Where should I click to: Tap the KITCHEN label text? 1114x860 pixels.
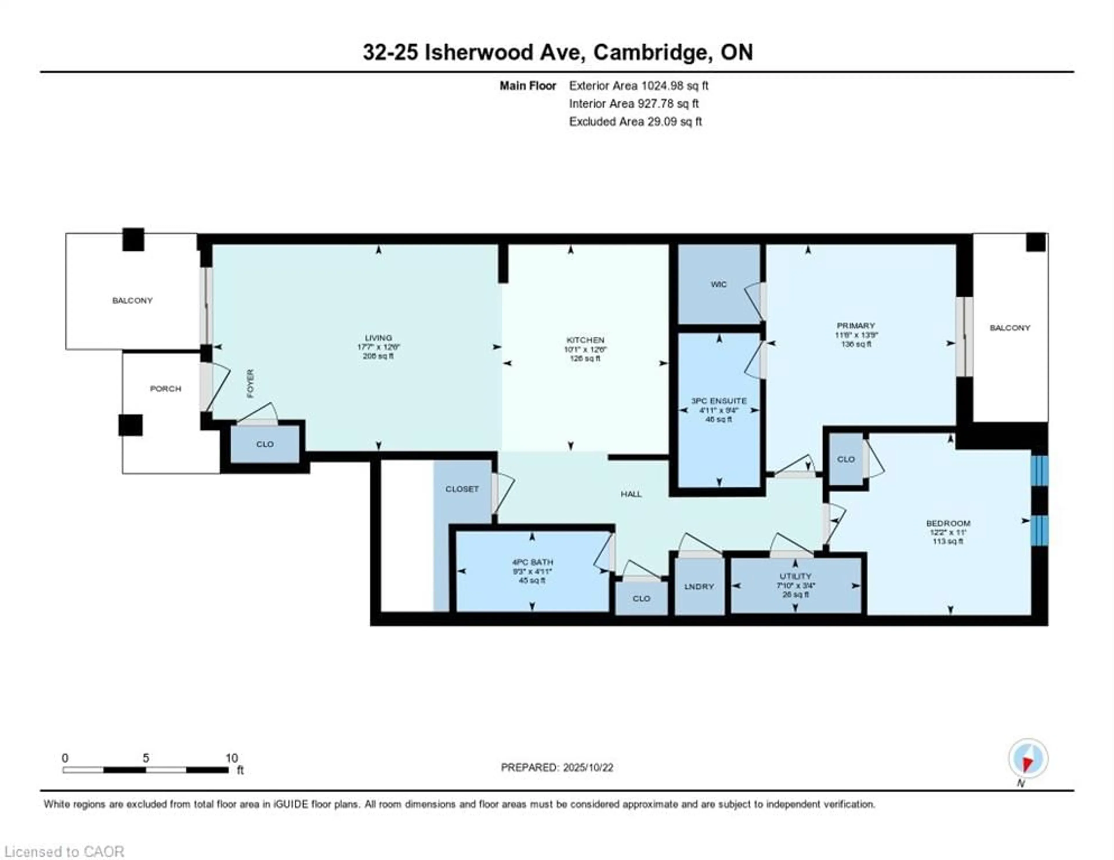(x=585, y=340)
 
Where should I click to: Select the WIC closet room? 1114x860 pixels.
(x=718, y=284)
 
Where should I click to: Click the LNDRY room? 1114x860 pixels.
(x=699, y=587)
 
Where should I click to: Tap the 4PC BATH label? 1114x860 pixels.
(x=532, y=562)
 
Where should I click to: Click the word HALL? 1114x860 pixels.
(x=631, y=494)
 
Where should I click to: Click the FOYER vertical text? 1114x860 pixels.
(x=250, y=383)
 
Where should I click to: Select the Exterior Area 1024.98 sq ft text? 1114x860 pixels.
(x=639, y=86)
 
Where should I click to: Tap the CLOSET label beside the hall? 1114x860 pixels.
(x=462, y=489)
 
